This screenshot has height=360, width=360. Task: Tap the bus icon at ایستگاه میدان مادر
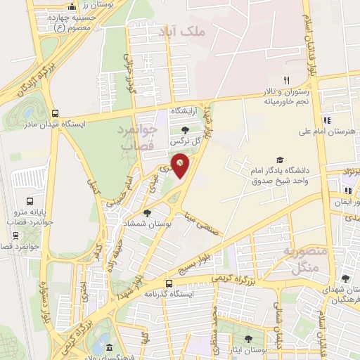tap(56, 112)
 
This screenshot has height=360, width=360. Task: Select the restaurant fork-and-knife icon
tap(285, 80)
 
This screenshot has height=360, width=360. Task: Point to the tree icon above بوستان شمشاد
tap(146, 213)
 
